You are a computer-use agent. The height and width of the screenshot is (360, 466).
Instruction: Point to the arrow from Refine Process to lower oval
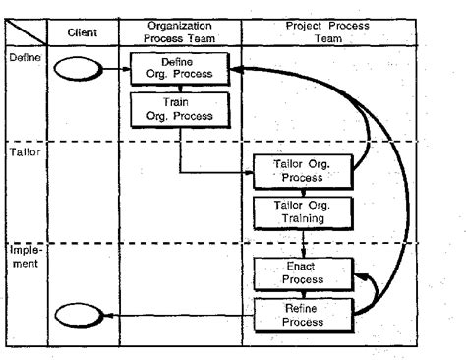(x=177, y=315)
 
